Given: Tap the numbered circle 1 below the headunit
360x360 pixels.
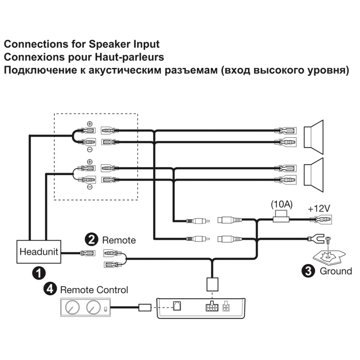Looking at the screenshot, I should pos(38,273).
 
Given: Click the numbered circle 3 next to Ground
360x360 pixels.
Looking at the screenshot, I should pos(309,271).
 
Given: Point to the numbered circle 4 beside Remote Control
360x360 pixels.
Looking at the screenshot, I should pos(51,289).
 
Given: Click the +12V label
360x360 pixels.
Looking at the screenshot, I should pos(318,208).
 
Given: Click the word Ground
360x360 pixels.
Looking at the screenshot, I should pos(336,271).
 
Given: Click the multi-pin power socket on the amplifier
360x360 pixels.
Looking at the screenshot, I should pos(212,307).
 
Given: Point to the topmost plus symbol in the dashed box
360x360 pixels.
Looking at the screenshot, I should pos(89,123).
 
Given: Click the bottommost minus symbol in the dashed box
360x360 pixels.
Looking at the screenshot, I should pos(89,188).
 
